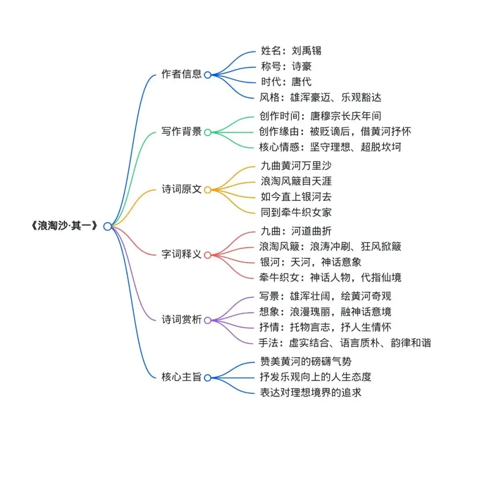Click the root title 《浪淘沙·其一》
tap(64, 227)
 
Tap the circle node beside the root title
tap(107, 227)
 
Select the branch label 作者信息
tap(182, 74)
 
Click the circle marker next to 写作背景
tap(208, 132)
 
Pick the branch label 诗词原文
tap(182, 189)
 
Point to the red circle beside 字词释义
tap(208, 255)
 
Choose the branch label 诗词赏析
tap(182, 320)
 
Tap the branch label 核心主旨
tap(182, 377)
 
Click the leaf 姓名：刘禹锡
tap(291, 50)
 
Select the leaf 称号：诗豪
tap(286, 66)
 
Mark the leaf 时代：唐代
tap(286, 82)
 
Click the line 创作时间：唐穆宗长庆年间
tap(320, 116)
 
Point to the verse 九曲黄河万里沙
tap(296, 166)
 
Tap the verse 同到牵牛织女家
tap(296, 212)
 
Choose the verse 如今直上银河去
tap(296, 197)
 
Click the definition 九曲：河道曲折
tap(296, 231)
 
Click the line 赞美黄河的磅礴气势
tap(306, 362)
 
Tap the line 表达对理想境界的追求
tap(311, 392)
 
